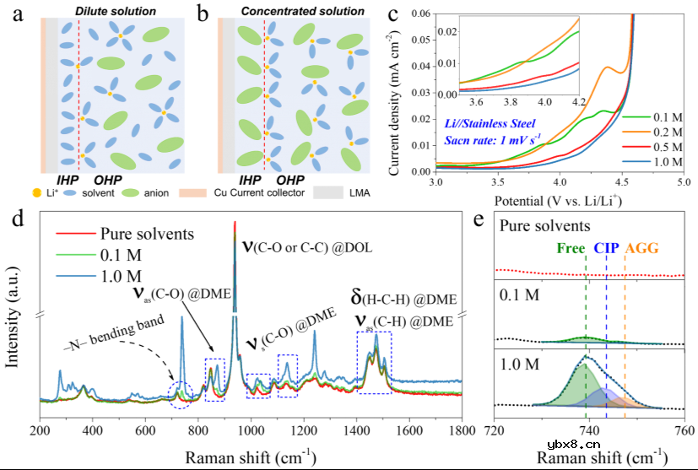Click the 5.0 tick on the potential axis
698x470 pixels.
click(x=683, y=181)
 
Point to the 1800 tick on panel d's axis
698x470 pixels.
click(x=461, y=429)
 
